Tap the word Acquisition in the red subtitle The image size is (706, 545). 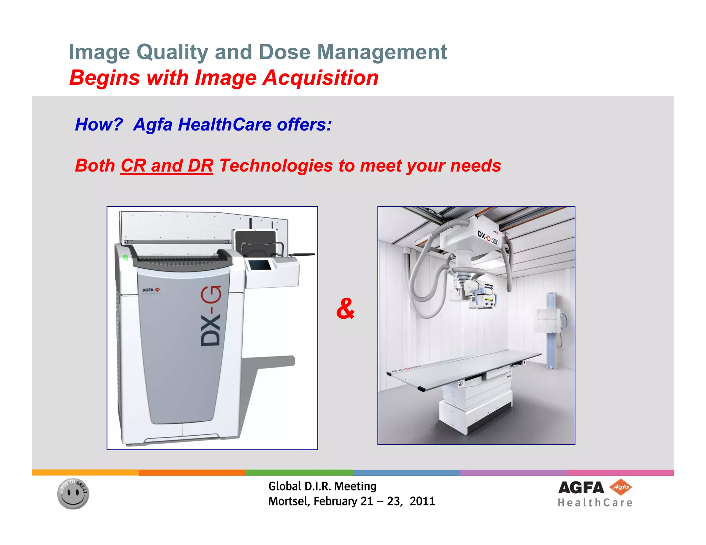(x=321, y=78)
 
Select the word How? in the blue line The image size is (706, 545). (x=99, y=124)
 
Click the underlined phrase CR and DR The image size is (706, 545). (x=167, y=166)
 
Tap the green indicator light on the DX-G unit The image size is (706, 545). (x=125, y=257)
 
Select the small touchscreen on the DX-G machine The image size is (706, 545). (x=260, y=265)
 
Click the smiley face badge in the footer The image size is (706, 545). (x=73, y=494)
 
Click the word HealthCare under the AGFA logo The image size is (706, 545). (x=595, y=503)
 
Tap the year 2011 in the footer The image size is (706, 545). (x=422, y=501)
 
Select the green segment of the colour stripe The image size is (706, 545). (x=299, y=472)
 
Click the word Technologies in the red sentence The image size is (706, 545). (x=276, y=166)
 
